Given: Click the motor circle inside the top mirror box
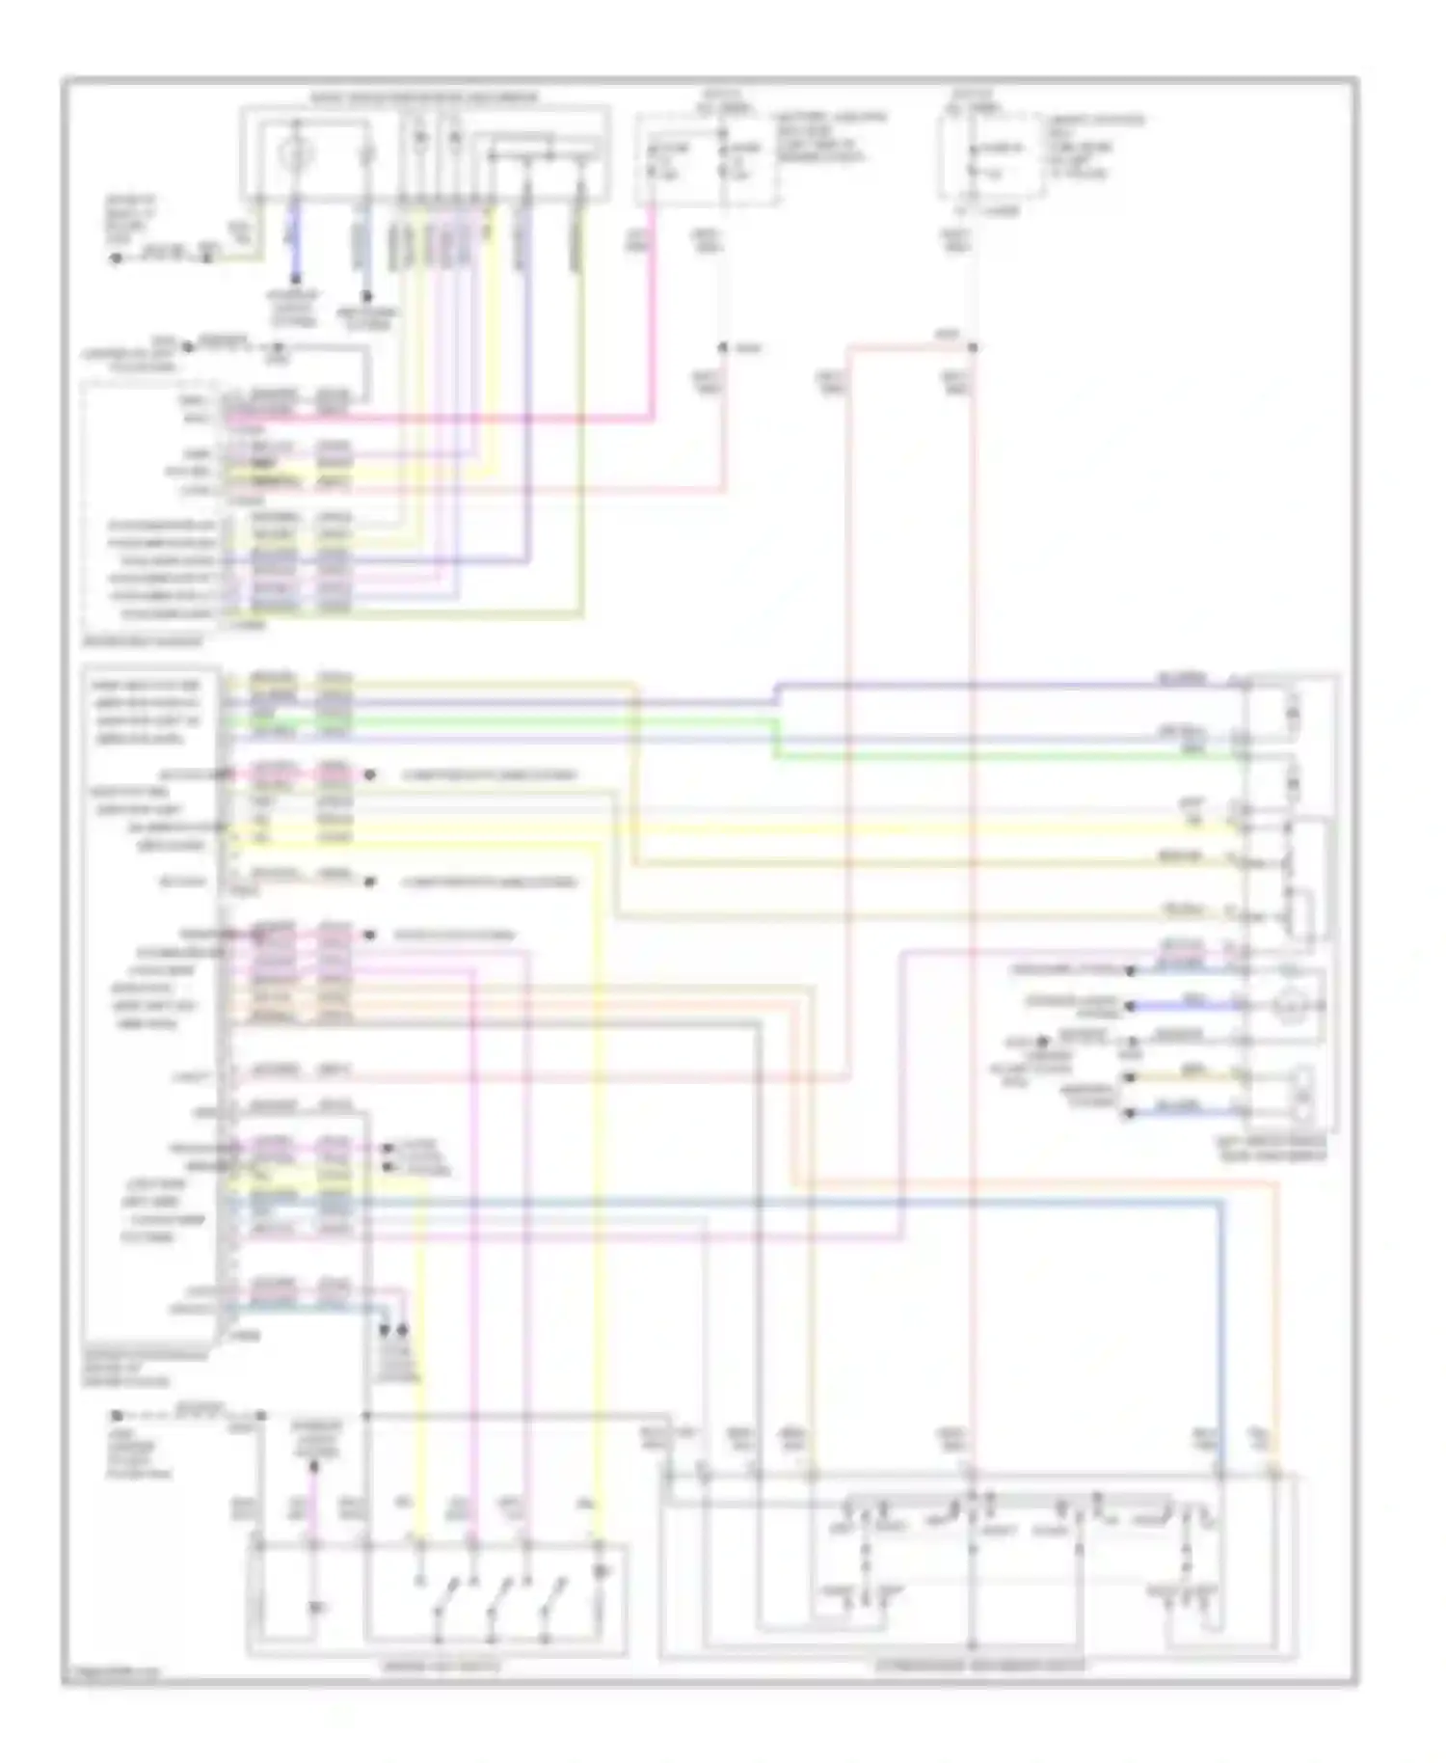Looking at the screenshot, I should [297, 153].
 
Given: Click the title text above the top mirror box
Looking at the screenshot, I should [424, 98].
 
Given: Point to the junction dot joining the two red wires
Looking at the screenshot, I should [972, 347].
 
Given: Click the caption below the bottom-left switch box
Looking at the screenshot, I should [440, 1666].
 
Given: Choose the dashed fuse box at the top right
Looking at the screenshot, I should [991, 159].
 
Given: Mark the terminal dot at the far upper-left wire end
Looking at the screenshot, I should [116, 258].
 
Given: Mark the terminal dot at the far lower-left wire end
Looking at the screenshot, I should [116, 1416].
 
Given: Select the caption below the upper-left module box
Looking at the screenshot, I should [143, 640].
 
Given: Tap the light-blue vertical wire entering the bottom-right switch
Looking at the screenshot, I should [1220, 1350].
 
